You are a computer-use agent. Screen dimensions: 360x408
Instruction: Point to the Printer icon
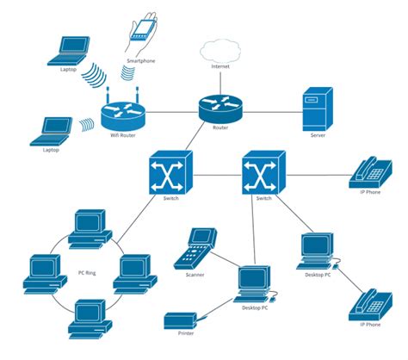pos(183,320)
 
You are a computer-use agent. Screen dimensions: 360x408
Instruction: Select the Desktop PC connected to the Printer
pos(253,285)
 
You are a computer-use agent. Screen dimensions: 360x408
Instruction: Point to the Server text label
pos(318,135)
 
